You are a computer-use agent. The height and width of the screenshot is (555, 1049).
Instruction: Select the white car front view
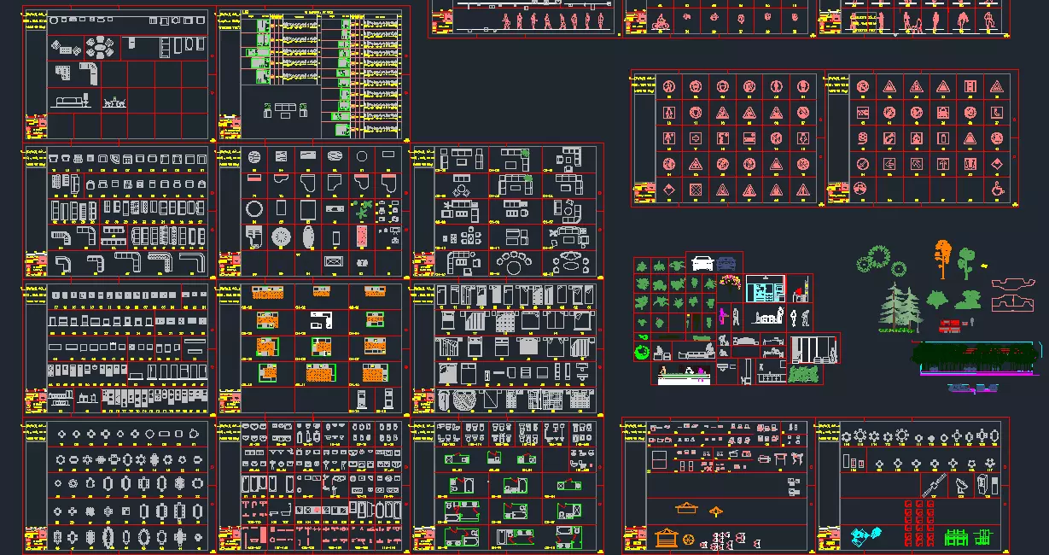tap(701, 263)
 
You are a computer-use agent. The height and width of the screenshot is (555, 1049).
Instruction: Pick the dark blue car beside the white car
tap(726, 263)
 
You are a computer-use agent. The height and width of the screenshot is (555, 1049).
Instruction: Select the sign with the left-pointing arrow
tap(889, 163)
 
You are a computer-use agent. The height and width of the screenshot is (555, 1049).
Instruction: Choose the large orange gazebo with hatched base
tap(667, 539)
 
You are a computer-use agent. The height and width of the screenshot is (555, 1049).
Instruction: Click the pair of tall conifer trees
tap(900, 308)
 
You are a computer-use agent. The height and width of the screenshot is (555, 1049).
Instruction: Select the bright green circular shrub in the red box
tap(641, 352)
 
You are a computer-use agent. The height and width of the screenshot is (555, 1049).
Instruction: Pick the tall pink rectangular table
tap(362, 237)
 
